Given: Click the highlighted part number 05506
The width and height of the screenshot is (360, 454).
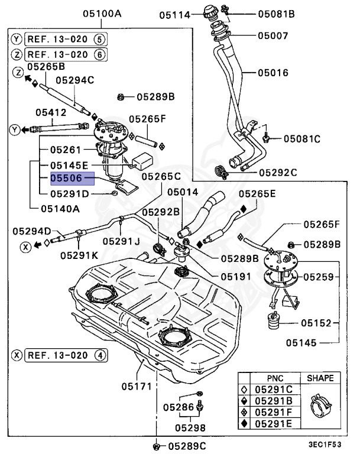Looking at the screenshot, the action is pyautogui.click(x=66, y=178).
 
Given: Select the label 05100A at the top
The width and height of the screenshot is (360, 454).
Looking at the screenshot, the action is pyautogui.click(x=102, y=14).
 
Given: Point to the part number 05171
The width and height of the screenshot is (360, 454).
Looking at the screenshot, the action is pyautogui.click(x=137, y=386).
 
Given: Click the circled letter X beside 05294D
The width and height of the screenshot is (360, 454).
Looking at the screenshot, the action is pyautogui.click(x=25, y=247).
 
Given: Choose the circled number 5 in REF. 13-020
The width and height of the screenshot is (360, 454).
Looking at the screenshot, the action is pyautogui.click(x=99, y=40).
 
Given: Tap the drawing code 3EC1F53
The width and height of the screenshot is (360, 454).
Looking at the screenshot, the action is pyautogui.click(x=325, y=444).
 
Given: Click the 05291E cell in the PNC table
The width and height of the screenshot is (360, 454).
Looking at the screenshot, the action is pyautogui.click(x=274, y=424).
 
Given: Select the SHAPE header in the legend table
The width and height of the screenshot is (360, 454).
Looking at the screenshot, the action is pyautogui.click(x=320, y=378).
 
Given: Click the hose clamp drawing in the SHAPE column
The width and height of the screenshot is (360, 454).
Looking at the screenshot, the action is pyautogui.click(x=320, y=406).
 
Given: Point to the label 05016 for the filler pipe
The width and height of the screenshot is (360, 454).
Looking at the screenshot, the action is pyautogui.click(x=273, y=73).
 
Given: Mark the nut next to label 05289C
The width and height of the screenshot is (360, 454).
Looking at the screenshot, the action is pyautogui.click(x=157, y=446).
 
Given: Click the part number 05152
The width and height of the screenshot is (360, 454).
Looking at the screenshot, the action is pyautogui.click(x=316, y=323).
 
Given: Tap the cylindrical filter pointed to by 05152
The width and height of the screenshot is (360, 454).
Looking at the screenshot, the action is pyautogui.click(x=273, y=320).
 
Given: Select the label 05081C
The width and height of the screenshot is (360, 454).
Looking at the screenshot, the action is pyautogui.click(x=302, y=139).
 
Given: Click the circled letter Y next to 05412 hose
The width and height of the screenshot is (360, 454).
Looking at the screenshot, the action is pyautogui.click(x=15, y=129).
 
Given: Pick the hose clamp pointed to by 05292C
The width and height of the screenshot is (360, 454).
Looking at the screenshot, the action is pyautogui.click(x=222, y=172).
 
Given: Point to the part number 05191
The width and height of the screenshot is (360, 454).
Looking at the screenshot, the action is pyautogui.click(x=236, y=277).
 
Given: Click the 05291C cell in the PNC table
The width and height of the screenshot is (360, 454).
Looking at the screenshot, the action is pyautogui.click(x=274, y=390).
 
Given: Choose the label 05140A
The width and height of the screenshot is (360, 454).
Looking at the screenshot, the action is pyautogui.click(x=60, y=209).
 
